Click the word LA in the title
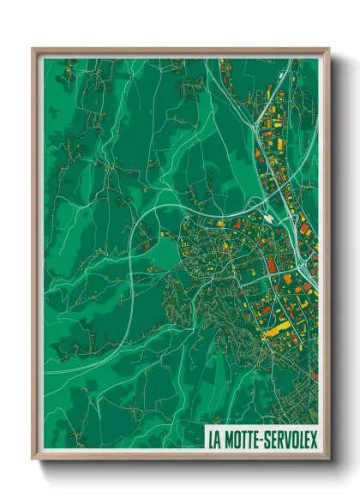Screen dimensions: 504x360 click(x=214, y=440)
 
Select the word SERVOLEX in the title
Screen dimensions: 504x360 click(x=291, y=440)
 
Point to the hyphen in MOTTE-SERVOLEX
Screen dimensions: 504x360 click(x=262, y=441)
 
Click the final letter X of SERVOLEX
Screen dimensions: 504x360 click(x=314, y=440)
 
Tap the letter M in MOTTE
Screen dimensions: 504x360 click(x=228, y=440)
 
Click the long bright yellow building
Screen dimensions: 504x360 click(x=274, y=328)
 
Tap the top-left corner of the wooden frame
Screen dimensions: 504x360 click(x=33, y=49)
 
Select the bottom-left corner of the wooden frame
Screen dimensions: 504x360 click(x=33, y=461)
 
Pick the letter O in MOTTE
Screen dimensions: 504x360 click(x=236, y=440)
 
